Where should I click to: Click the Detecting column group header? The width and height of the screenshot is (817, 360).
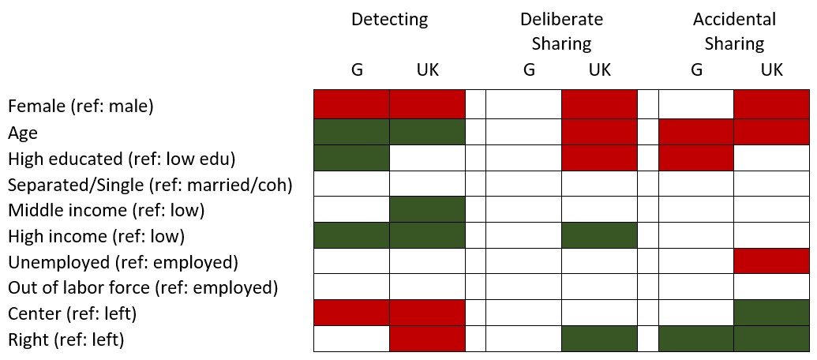[390, 20]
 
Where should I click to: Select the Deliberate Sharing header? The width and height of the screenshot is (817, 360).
[561, 31]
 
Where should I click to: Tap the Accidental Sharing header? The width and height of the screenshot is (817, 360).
[734, 31]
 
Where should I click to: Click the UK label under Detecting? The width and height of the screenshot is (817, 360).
[427, 70]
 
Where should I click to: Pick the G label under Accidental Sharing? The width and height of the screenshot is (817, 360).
[696, 70]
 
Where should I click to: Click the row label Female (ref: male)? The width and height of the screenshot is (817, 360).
[81, 106]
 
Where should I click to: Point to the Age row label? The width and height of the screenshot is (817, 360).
[23, 132]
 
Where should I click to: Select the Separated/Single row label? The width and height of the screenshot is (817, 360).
[150, 185]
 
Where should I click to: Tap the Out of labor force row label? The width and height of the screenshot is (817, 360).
[143, 287]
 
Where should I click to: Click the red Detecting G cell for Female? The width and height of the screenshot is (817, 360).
[352, 105]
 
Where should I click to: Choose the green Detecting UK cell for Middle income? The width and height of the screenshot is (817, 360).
[427, 209]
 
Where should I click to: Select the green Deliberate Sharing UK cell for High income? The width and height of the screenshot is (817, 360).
[599, 235]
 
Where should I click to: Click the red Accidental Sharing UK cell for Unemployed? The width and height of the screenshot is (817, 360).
[771, 261]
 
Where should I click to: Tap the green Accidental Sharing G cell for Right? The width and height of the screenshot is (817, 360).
[696, 339]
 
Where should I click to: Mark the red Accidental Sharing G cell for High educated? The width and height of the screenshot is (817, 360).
[696, 158]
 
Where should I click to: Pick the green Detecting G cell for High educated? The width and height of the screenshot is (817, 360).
[352, 158]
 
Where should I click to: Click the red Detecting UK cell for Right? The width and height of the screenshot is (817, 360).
[427, 339]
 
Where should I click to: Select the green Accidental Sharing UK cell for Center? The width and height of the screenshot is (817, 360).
[771, 313]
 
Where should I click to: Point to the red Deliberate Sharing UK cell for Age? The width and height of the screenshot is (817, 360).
[599, 132]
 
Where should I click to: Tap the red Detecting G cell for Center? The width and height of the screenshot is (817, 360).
[352, 313]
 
